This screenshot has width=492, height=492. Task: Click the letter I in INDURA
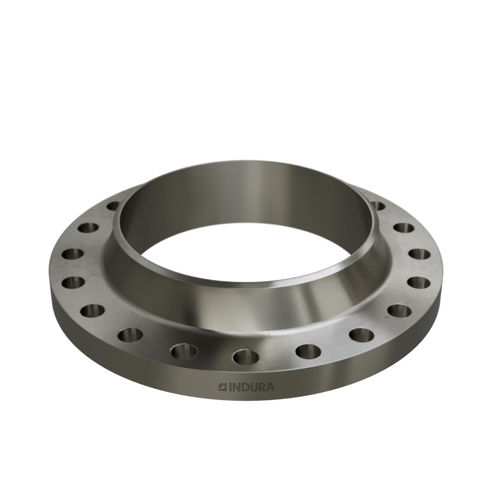[x=230, y=387]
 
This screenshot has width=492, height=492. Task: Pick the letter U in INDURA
[x=254, y=387]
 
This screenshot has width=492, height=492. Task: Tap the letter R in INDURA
[x=262, y=387]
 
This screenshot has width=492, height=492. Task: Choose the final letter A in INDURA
[x=270, y=387]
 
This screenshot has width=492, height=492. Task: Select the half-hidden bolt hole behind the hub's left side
[x=113, y=206]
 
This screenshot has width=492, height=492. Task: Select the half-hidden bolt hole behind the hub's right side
[x=379, y=206]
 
